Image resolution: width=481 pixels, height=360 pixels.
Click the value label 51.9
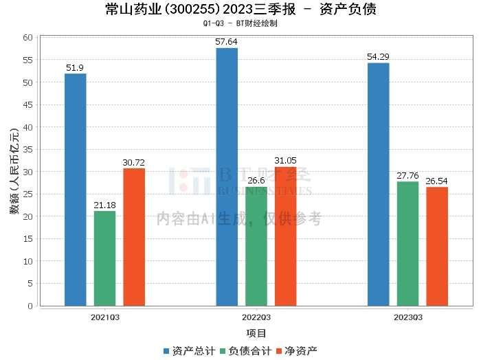click(75, 68)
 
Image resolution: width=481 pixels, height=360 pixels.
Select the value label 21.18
click(104, 205)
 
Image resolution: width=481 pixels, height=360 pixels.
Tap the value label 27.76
click(407, 176)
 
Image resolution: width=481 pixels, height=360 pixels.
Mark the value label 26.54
click(437, 181)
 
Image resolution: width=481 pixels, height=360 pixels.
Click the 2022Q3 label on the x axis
click(256, 317)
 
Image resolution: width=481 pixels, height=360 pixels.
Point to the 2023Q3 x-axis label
click(407, 317)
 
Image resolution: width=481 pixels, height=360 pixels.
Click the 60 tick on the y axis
click(28, 38)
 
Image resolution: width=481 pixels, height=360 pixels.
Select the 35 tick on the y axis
click(28, 150)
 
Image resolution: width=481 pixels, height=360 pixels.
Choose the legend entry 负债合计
click(245, 350)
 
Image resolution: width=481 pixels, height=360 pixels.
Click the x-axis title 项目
click(256, 333)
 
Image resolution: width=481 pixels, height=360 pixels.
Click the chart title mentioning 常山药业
click(240, 10)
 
